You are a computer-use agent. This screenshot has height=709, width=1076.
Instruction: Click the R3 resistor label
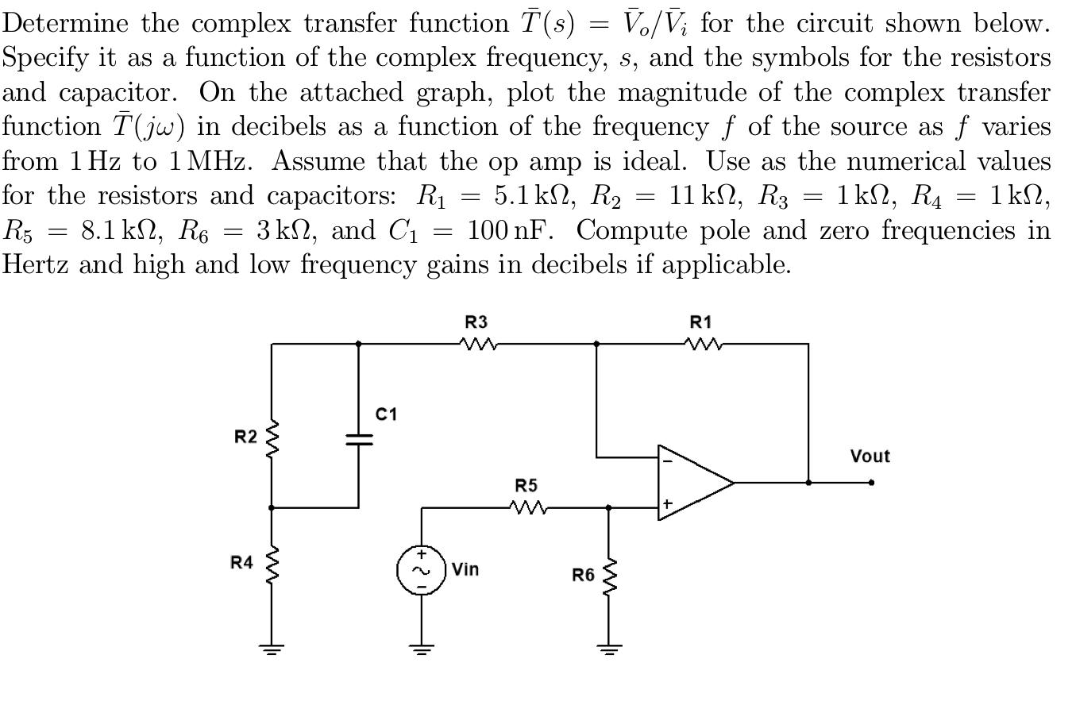click(476, 322)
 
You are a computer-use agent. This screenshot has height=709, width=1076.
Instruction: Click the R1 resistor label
click(701, 322)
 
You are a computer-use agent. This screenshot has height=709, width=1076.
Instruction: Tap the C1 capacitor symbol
click(358, 440)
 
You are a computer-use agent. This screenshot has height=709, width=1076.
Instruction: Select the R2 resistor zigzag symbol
click(272, 437)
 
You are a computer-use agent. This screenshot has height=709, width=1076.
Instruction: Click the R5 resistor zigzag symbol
click(526, 507)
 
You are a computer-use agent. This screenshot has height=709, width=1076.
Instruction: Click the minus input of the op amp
click(667, 460)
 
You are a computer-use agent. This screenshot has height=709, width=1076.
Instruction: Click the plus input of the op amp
click(667, 503)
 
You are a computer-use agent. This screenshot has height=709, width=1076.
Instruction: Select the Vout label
click(870, 457)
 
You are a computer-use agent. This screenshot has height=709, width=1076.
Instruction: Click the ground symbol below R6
click(609, 649)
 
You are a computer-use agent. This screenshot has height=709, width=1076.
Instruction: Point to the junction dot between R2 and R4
click(272, 507)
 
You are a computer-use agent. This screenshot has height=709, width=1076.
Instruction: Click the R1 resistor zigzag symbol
click(702, 344)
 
